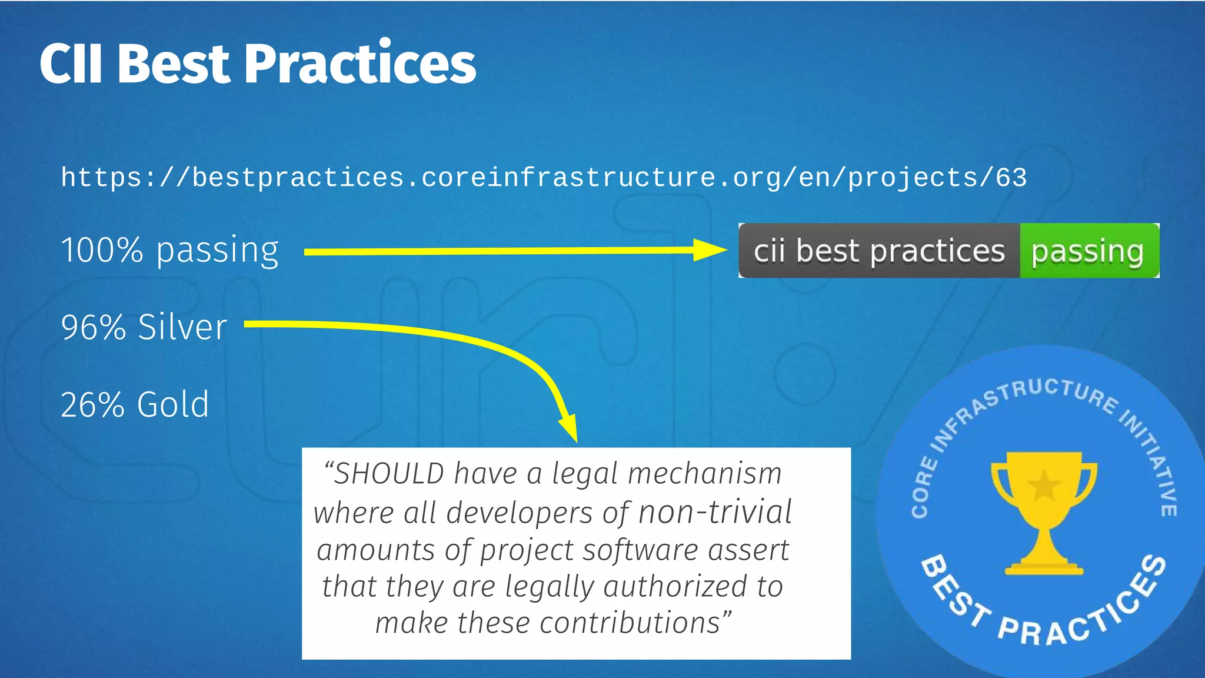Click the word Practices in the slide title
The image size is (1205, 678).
click(359, 64)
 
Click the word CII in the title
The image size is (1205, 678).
click(71, 64)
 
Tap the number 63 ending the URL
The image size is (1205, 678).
click(1011, 178)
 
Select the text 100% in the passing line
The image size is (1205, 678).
click(102, 250)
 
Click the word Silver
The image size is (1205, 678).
click(182, 327)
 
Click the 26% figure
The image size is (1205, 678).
click(92, 405)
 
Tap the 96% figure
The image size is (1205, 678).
click(93, 327)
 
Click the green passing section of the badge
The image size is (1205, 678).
click(1088, 251)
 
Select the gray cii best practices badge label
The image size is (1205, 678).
click(879, 251)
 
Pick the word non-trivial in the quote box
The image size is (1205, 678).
click(714, 512)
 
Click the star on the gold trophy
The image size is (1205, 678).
click(1043, 485)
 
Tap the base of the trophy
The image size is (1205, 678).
click(1043, 568)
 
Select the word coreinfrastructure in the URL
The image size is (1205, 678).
click(568, 178)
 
